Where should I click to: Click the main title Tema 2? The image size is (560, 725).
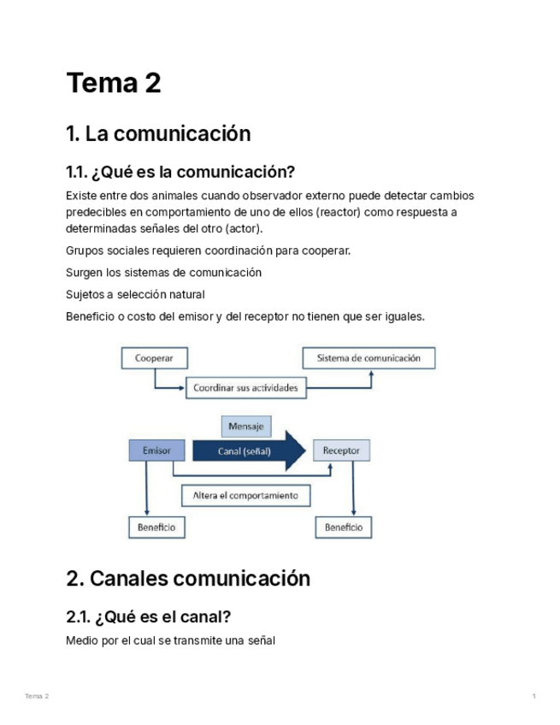click(x=114, y=84)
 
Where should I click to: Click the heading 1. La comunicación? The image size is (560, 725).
click(x=158, y=134)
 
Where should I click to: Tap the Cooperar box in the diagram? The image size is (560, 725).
click(x=154, y=358)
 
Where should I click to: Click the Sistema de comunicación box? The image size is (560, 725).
click(x=368, y=358)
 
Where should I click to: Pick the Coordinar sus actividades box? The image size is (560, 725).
click(x=245, y=387)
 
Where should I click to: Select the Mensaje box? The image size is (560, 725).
click(x=245, y=426)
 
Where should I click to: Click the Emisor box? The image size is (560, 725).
click(x=156, y=450)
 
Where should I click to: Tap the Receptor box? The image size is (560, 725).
click(x=342, y=450)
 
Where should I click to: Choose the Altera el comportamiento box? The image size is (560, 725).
click(x=245, y=495)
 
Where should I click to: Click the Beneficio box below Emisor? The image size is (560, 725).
click(x=156, y=528)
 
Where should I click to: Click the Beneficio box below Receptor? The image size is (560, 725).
click(x=343, y=528)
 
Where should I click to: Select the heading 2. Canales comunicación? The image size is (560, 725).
click(x=188, y=579)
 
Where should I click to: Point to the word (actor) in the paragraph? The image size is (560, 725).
click(x=244, y=228)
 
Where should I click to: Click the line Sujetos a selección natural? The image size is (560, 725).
click(x=135, y=294)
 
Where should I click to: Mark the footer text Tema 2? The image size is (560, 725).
click(x=37, y=697)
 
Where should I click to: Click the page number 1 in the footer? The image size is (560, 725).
click(x=533, y=697)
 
